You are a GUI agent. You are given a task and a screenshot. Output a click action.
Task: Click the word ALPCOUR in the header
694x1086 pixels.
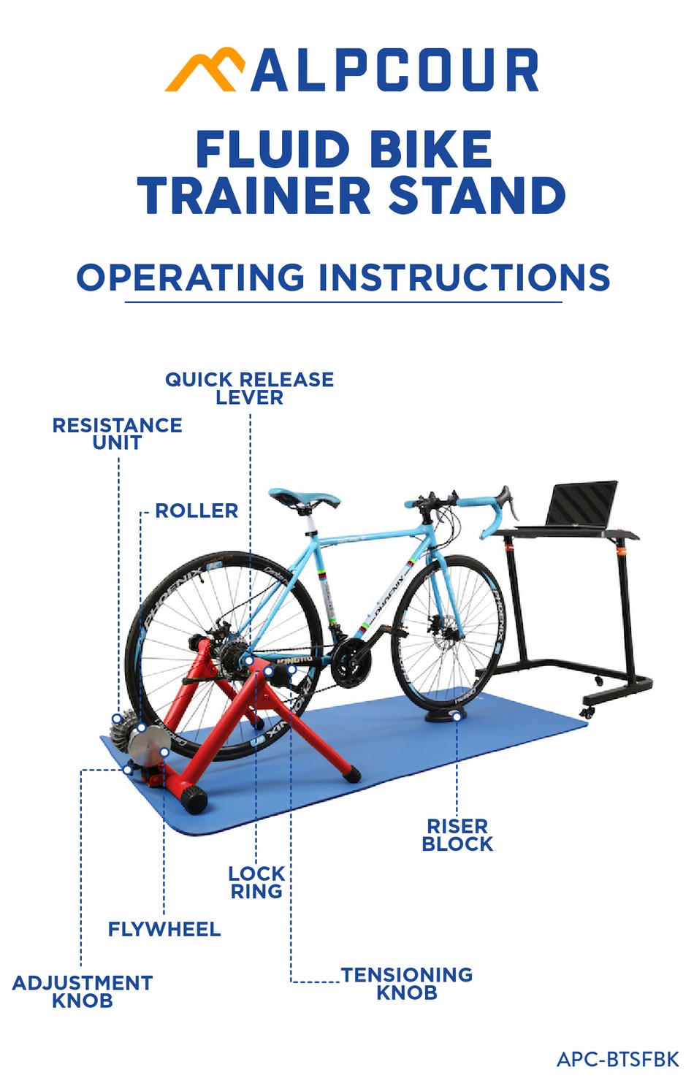[x=394, y=72]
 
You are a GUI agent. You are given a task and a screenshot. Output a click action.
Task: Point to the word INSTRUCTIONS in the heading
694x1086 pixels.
[x=464, y=278]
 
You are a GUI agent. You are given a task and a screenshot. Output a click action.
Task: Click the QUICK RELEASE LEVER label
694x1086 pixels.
[x=249, y=389]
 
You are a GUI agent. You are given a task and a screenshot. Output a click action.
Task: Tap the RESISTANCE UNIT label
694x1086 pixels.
[x=117, y=434]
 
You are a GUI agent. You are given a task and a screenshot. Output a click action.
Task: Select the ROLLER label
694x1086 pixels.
[x=197, y=511]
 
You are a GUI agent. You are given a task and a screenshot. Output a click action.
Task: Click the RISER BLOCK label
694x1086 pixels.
[x=457, y=835]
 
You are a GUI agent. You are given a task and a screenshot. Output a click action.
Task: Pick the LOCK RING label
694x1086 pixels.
[x=256, y=882]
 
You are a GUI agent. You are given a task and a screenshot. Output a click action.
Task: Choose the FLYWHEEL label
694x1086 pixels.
[x=164, y=929]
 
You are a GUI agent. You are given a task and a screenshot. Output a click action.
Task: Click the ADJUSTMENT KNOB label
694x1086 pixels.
[x=83, y=991]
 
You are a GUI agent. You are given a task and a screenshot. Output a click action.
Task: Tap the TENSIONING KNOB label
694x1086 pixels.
[x=407, y=984]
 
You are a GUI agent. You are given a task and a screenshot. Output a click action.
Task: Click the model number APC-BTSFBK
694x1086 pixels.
[x=617, y=1059]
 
